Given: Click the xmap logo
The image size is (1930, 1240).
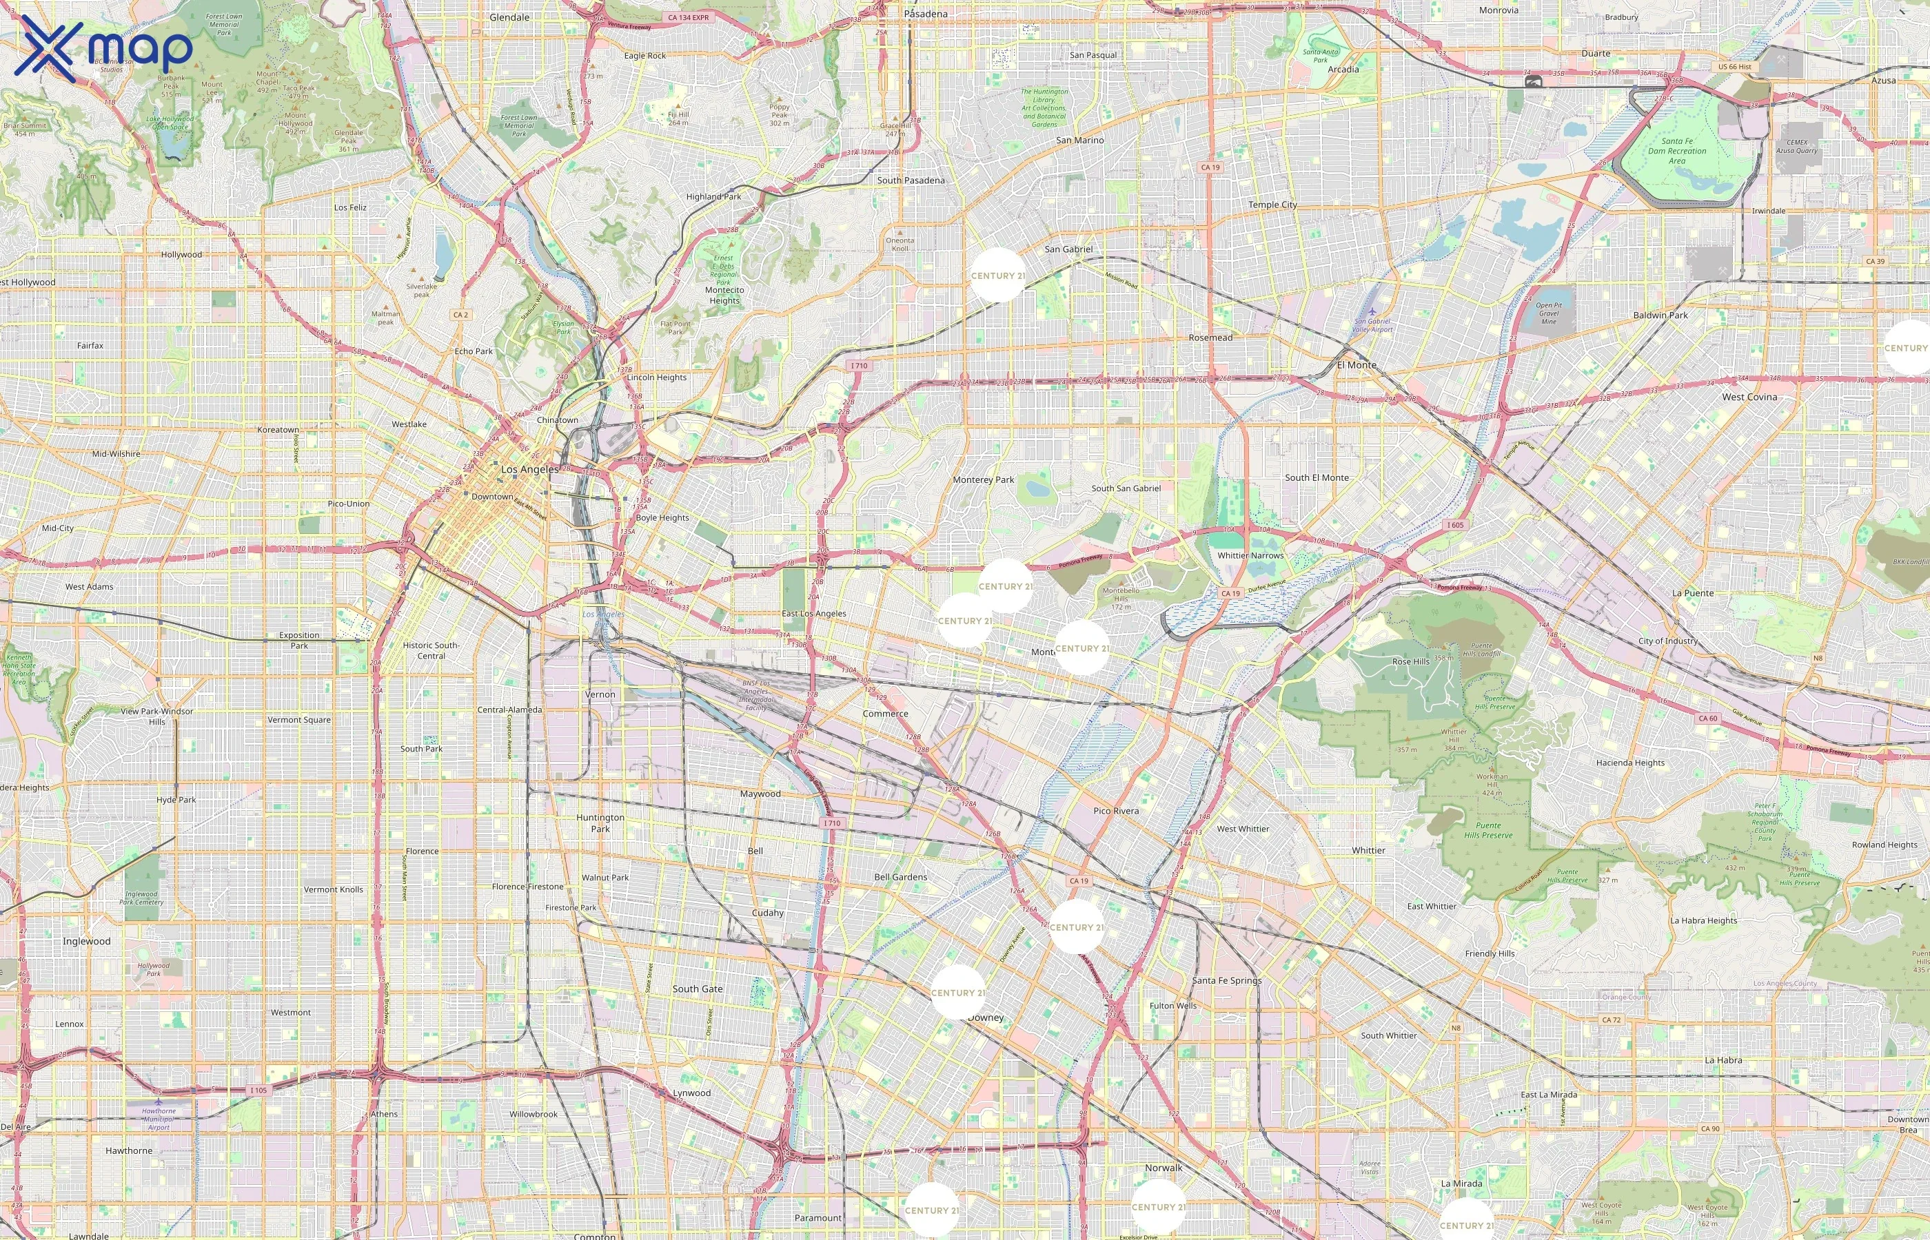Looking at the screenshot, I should pyautogui.click(x=105, y=48).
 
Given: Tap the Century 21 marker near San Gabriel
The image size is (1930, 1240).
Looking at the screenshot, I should pyautogui.click(x=997, y=276).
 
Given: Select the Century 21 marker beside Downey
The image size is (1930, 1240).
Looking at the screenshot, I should pyautogui.click(x=957, y=992).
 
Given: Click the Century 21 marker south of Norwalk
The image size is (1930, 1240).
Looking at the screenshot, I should pyautogui.click(x=1157, y=1206).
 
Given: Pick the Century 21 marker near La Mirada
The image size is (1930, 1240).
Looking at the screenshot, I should pyautogui.click(x=1466, y=1224).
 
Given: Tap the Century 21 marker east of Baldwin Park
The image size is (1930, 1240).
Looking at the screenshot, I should pyautogui.click(x=1907, y=348).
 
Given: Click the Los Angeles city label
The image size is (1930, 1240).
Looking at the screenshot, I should pyautogui.click(x=529, y=468).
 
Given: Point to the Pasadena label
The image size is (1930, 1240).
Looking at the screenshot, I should pyautogui.click(x=926, y=14).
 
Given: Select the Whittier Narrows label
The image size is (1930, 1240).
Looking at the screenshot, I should pyautogui.click(x=1250, y=555).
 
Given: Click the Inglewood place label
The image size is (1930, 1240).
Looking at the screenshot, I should pyautogui.click(x=87, y=940).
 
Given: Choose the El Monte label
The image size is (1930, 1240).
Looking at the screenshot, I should pyautogui.click(x=1357, y=364).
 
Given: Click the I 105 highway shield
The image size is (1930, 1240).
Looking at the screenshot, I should pyautogui.click(x=258, y=1091).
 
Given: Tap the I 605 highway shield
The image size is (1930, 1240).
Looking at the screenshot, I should pyautogui.click(x=1455, y=525).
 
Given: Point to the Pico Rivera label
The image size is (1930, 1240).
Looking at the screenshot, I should pyautogui.click(x=1116, y=811).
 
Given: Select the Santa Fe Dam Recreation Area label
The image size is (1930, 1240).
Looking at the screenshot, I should pyautogui.click(x=1676, y=151).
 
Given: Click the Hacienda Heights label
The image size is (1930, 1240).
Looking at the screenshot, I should pyautogui.click(x=1630, y=763).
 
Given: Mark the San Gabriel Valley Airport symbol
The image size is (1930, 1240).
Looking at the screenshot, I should pyautogui.click(x=1372, y=311).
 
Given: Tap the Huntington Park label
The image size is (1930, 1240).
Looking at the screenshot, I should pyautogui.click(x=600, y=822).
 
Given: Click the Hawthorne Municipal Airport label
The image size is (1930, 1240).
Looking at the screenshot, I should pyautogui.click(x=159, y=1119).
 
